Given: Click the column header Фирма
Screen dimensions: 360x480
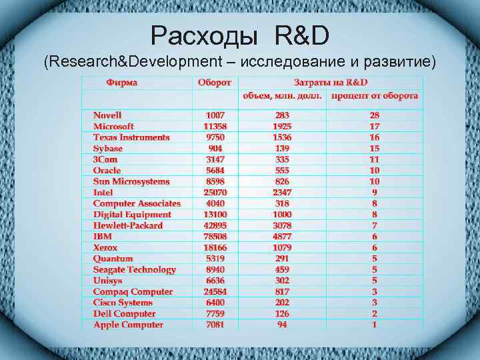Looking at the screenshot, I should tap(122, 83).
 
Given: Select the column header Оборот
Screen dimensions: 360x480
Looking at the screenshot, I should tap(215, 83).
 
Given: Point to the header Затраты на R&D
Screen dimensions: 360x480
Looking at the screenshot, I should tap(331, 83).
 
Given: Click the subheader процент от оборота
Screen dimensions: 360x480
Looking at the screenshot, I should tap(375, 96).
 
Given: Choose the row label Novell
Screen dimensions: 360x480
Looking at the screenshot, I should tap(107, 115).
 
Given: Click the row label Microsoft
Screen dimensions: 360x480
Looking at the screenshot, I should tap(113, 126).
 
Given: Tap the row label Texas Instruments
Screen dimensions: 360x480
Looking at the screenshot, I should tap(131, 137).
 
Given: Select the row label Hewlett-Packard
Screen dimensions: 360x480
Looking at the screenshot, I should tap(128, 225).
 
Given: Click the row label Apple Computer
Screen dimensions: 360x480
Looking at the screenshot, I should tap(128, 325).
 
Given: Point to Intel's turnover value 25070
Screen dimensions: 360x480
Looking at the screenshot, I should tap(215, 192).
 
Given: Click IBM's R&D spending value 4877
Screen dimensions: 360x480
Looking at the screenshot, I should tap(282, 236).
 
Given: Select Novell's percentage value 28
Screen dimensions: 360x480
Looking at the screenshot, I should tap(375, 115).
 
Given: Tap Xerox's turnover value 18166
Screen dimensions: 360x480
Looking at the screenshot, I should tap(215, 247).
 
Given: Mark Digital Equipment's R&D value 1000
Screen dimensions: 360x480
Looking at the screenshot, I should tap(282, 214).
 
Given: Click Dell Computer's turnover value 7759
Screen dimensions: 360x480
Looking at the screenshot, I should tap(215, 313).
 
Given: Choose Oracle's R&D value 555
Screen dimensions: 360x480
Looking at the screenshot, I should tap(282, 170).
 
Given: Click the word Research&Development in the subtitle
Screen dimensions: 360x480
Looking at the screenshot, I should tap(133, 62).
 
